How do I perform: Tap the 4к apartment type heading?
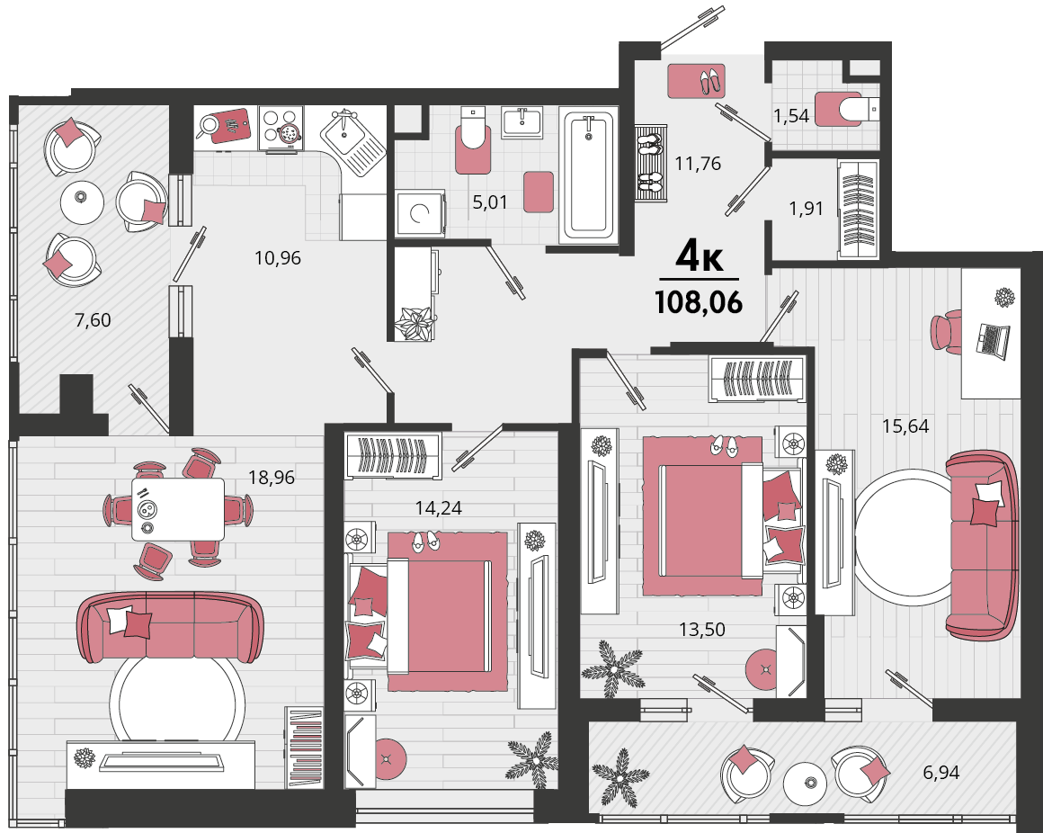tap(700, 256)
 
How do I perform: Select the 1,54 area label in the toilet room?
tap(791, 116)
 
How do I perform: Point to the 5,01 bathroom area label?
tap(489, 202)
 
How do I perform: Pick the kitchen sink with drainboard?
tap(352, 142)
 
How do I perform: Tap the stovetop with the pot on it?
tap(281, 128)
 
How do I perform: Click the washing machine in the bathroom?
tap(421, 213)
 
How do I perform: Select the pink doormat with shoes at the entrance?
tap(697, 80)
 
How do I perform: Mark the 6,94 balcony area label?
tap(941, 773)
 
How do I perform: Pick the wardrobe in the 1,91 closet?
tap(858, 209)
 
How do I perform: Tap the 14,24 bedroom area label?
tap(439, 508)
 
